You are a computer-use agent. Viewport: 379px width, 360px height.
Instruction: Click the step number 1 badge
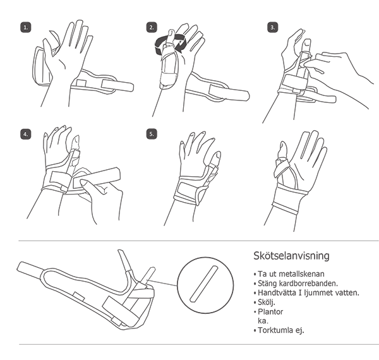click(x=26, y=27)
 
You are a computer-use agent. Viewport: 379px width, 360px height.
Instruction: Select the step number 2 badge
click(x=152, y=27)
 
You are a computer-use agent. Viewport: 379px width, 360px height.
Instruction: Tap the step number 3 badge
click(x=273, y=27)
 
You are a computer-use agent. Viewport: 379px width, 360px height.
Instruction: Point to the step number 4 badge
click(x=26, y=135)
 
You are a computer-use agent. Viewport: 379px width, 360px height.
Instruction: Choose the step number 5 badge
click(x=152, y=135)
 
